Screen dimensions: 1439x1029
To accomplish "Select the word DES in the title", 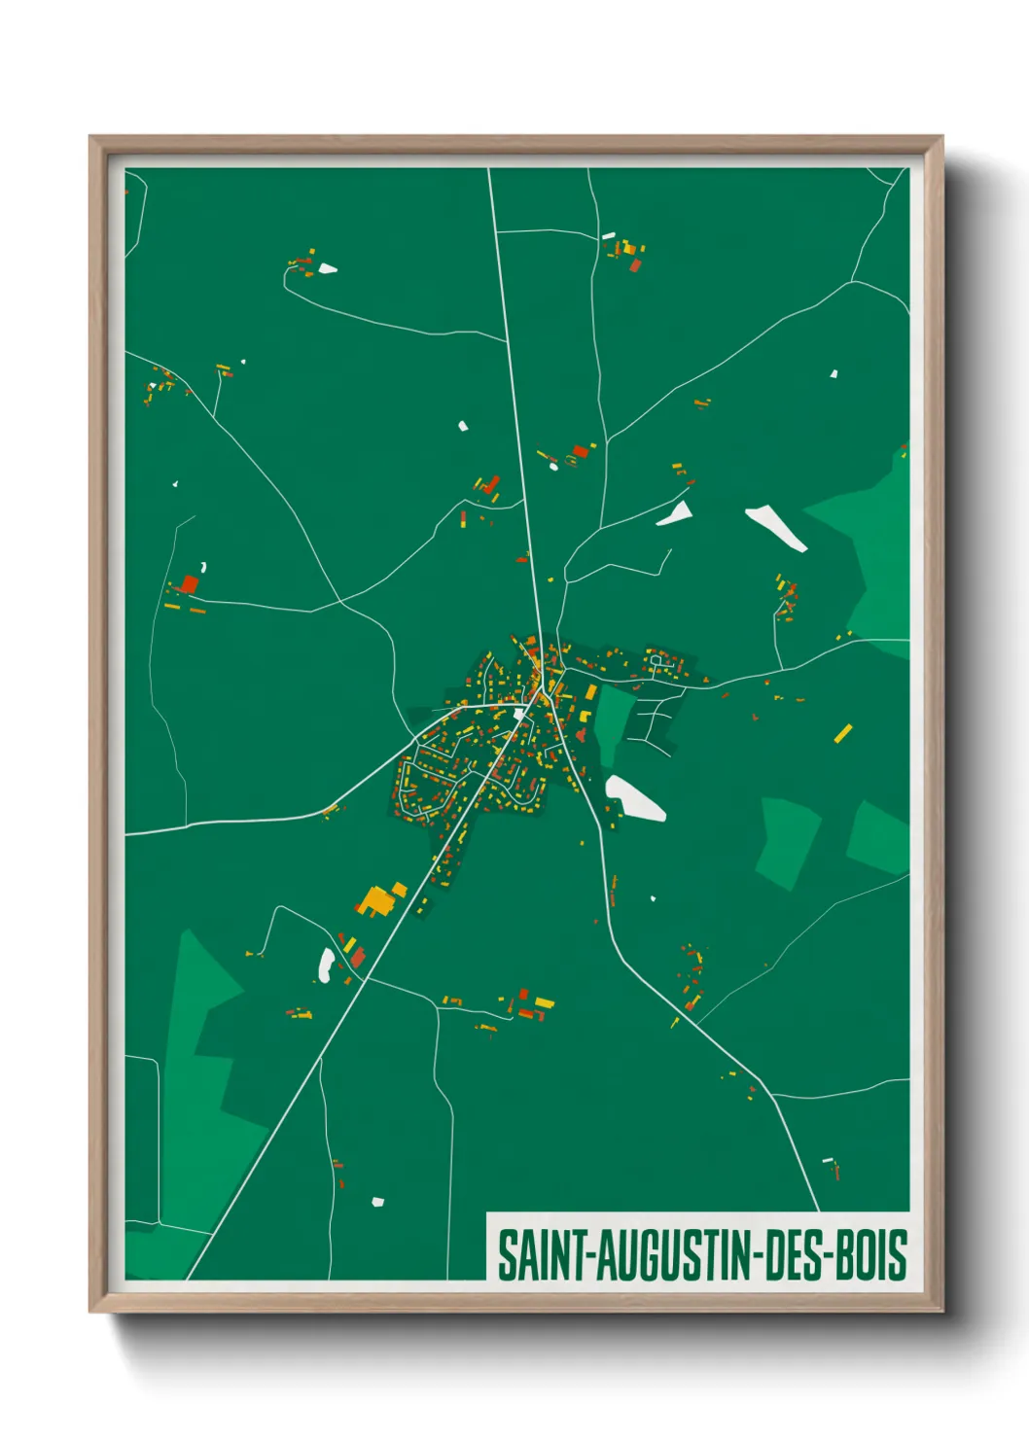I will pyautogui.click(x=792, y=1255).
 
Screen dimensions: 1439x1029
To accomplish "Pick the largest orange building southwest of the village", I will pyautogui.click(x=377, y=899).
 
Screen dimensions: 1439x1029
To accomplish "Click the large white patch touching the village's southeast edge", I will pyautogui.click(x=633, y=797).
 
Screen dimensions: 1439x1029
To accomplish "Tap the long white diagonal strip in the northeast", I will pyautogui.click(x=775, y=528).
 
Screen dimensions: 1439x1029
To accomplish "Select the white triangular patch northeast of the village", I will pyautogui.click(x=676, y=514).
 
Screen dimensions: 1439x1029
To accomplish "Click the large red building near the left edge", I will pyautogui.click(x=190, y=583).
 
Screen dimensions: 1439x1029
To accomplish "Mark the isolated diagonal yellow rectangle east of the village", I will pyautogui.click(x=842, y=733).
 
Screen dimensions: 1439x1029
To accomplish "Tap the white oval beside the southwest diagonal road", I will pyautogui.click(x=327, y=964).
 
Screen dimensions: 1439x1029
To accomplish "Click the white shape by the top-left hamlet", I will pyautogui.click(x=328, y=268).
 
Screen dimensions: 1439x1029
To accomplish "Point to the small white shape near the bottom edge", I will pyautogui.click(x=377, y=1202).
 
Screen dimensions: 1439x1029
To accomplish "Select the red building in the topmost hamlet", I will pyautogui.click(x=634, y=264).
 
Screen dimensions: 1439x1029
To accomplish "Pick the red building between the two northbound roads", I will pyautogui.click(x=581, y=451).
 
